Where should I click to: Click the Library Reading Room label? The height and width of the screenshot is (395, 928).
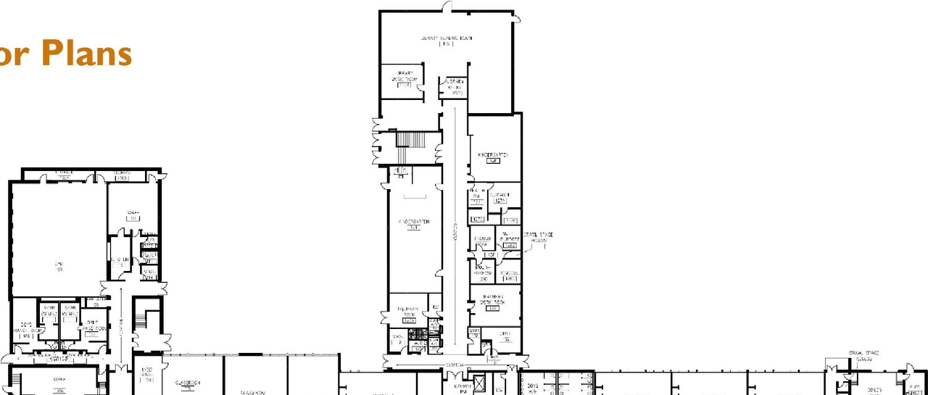coord(446,37)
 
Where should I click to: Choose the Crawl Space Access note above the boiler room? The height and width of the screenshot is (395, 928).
coord(862,355)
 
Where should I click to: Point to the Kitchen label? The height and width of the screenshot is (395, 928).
coord(119,259)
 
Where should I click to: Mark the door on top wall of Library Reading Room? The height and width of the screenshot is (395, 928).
coord(447,7)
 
